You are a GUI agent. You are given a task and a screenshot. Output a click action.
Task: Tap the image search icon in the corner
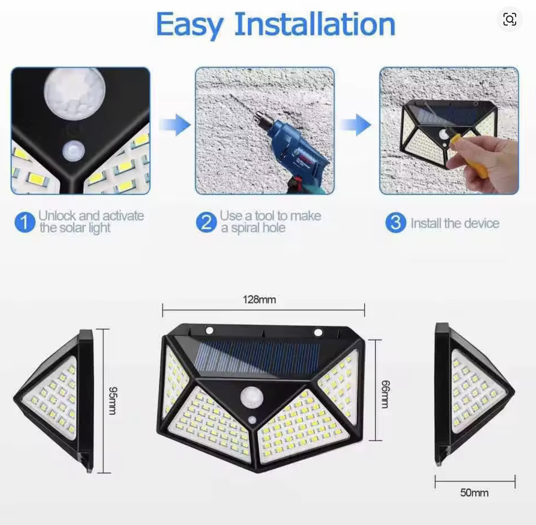pos(509,19)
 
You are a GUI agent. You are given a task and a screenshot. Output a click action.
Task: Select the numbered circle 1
pos(25,222)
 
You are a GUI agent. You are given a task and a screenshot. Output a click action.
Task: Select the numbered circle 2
pos(206,222)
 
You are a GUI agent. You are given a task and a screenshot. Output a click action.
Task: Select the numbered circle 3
pos(396,222)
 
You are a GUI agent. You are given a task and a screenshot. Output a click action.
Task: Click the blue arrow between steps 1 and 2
pos(175,125)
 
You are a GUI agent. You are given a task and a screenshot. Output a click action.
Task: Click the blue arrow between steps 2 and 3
pos(356,125)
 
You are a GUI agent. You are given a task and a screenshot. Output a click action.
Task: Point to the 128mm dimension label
pos(259,300)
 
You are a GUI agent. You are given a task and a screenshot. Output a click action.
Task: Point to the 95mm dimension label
pos(113,401)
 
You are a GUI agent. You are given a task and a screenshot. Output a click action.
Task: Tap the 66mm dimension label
pos(385,394)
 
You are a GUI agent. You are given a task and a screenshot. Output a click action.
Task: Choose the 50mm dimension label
pos(474,493)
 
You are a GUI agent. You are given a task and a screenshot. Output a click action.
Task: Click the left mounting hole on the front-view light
pos(209,331)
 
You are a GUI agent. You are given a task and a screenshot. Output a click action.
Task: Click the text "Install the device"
pos(455,223)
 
